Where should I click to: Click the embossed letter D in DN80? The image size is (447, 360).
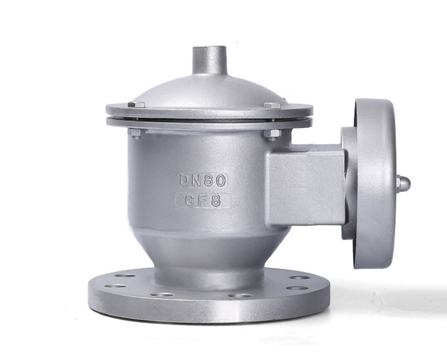pos(185,180)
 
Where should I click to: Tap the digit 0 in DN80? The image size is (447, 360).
pos(221,180)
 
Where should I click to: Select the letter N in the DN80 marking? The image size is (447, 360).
pos(197,180)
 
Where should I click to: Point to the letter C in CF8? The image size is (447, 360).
pos(191,200)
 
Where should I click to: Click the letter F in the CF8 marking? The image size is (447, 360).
pos(203,200)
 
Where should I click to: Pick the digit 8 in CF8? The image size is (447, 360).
pos(216,200)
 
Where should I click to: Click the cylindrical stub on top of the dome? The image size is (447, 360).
pos(209,60)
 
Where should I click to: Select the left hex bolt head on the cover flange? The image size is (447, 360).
pos(136,105)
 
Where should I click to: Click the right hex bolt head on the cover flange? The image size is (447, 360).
pos(272,105)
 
